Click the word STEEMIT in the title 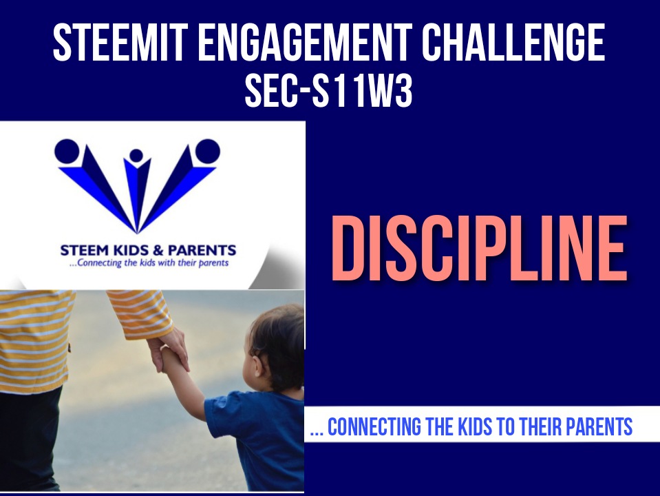[120, 42]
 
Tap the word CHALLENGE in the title [513, 42]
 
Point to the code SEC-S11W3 [328, 91]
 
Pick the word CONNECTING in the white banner [374, 426]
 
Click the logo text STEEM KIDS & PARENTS [148, 250]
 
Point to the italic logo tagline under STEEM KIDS [149, 263]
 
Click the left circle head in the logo [67, 152]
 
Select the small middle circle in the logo [136, 156]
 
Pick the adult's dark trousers [30, 438]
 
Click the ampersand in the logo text [158, 251]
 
